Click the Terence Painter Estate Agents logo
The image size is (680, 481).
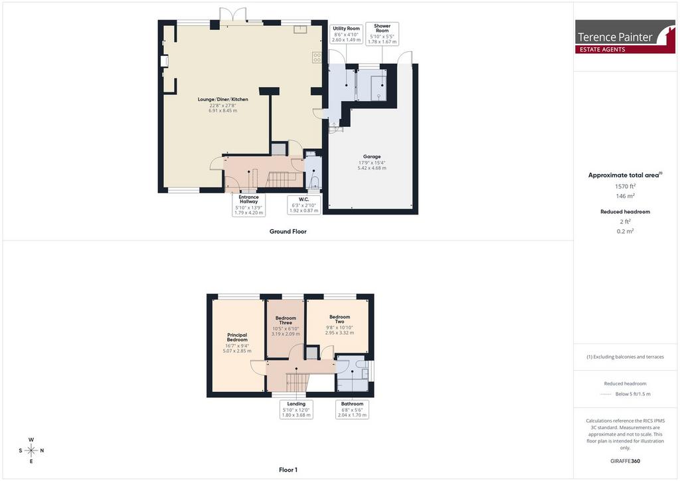(625, 37)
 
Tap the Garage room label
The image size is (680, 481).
(372, 157)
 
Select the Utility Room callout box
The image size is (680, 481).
(346, 35)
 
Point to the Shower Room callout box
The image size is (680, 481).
(382, 34)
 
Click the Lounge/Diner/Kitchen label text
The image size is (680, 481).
(223, 100)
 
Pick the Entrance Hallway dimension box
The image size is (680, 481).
(248, 205)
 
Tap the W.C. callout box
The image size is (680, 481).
(303, 205)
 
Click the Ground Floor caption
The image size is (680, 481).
(288, 232)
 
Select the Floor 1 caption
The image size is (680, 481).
(288, 470)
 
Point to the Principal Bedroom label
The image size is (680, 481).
(237, 337)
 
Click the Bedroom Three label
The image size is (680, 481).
(286, 320)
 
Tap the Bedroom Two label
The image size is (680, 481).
(339, 319)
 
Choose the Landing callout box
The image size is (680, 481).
(296, 409)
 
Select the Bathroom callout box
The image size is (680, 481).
(352, 409)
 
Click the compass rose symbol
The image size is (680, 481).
(31, 450)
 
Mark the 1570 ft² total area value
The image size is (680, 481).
(625, 186)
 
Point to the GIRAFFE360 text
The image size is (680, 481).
(625, 461)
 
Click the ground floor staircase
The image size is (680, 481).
(284, 179)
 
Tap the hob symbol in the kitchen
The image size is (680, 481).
(317, 58)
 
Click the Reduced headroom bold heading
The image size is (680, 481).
(625, 212)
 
